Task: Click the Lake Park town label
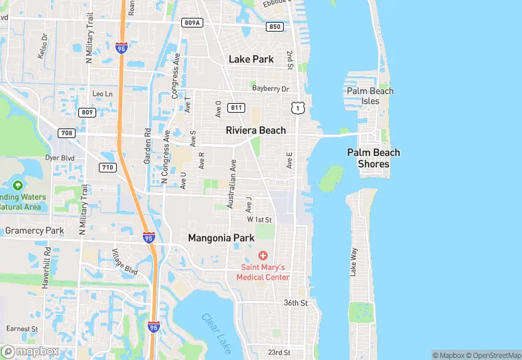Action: tap(251, 59)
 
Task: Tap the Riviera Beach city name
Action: tap(256, 130)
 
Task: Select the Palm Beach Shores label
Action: tap(374, 158)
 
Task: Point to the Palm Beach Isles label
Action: tap(370, 96)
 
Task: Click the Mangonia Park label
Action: tap(221, 238)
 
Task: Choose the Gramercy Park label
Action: tap(34, 231)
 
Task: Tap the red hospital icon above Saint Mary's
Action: tap(263, 256)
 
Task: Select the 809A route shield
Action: tap(193, 23)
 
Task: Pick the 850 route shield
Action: tap(275, 27)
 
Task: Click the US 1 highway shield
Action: tap(297, 107)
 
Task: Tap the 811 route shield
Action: tap(237, 108)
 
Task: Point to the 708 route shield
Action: tap(67, 133)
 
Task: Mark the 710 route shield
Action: tap(107, 167)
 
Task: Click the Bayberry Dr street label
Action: tap(271, 89)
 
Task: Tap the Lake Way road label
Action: tap(354, 262)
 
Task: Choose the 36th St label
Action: tap(296, 302)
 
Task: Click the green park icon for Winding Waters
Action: tap(17, 185)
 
